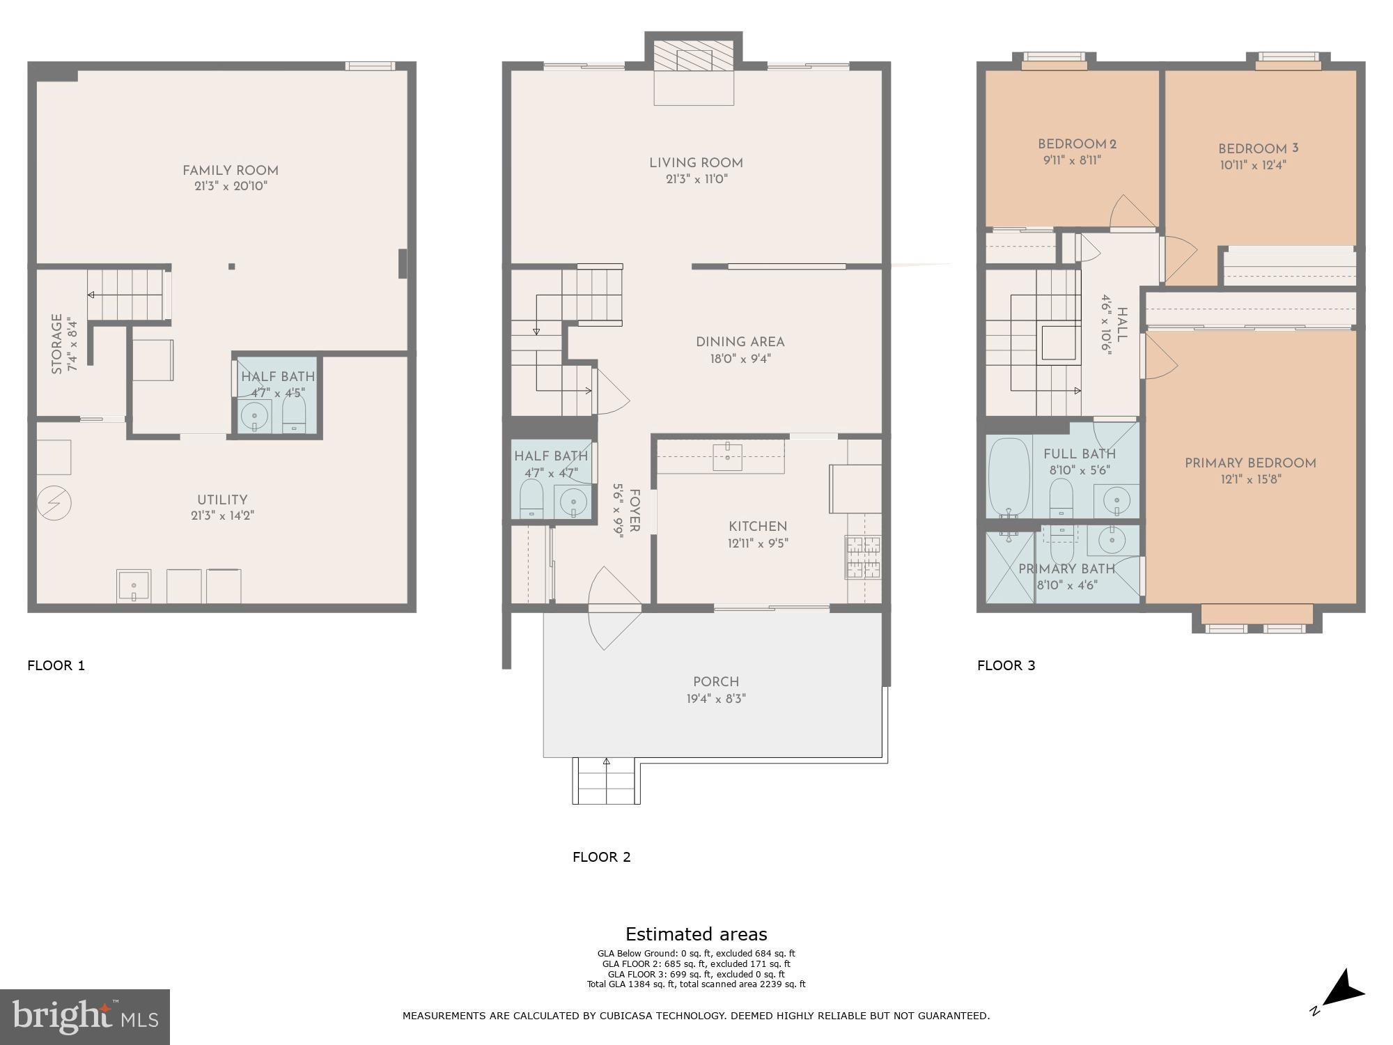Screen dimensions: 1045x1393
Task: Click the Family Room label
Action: point(230,171)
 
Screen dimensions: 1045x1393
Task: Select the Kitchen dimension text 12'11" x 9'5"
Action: point(758,543)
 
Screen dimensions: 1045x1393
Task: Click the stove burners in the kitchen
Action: point(863,556)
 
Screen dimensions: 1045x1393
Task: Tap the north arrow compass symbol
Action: point(1341,990)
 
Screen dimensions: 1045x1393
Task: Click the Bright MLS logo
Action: point(84,1016)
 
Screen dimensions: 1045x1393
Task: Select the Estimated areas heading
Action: point(696,934)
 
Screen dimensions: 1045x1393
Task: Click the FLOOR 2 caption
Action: point(601,857)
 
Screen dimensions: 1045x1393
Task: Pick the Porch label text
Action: point(715,682)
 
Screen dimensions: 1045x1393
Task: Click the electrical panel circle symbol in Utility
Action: point(54,502)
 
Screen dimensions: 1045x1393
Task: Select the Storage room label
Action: point(57,343)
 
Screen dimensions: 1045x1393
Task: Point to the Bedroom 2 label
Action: point(1077,144)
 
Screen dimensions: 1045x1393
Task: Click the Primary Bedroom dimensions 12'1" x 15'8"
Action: point(1250,479)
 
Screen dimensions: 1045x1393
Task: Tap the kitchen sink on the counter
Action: point(727,456)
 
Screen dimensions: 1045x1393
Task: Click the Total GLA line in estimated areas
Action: point(696,984)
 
